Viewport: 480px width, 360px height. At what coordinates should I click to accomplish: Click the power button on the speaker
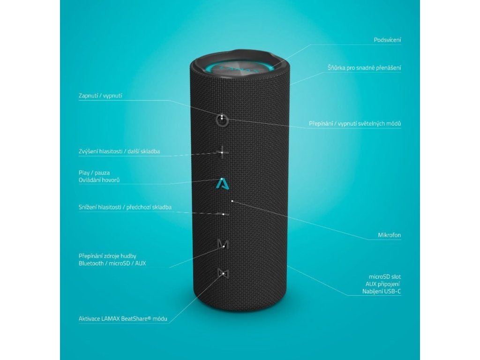222,120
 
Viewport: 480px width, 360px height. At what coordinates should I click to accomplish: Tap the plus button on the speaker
224,152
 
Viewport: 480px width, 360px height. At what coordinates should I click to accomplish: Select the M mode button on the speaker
224,244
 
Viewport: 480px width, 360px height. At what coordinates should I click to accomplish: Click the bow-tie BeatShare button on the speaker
223,273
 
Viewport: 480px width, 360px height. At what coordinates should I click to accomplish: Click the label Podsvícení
387,40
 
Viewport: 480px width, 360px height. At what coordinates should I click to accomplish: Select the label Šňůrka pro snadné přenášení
364,67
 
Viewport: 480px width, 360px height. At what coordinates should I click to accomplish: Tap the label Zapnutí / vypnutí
100,96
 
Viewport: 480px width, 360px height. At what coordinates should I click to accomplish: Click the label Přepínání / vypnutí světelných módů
355,124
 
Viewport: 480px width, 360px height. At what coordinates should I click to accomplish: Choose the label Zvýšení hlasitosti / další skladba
120,151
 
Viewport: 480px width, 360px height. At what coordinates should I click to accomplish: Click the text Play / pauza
94,172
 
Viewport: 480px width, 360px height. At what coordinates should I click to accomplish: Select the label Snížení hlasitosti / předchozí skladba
125,207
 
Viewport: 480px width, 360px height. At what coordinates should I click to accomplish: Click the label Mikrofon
389,235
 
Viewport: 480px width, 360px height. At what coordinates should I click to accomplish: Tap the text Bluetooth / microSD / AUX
112,263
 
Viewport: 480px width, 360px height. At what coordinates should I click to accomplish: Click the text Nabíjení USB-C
382,292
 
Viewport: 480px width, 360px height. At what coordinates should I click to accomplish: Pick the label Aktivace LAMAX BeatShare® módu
123,319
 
